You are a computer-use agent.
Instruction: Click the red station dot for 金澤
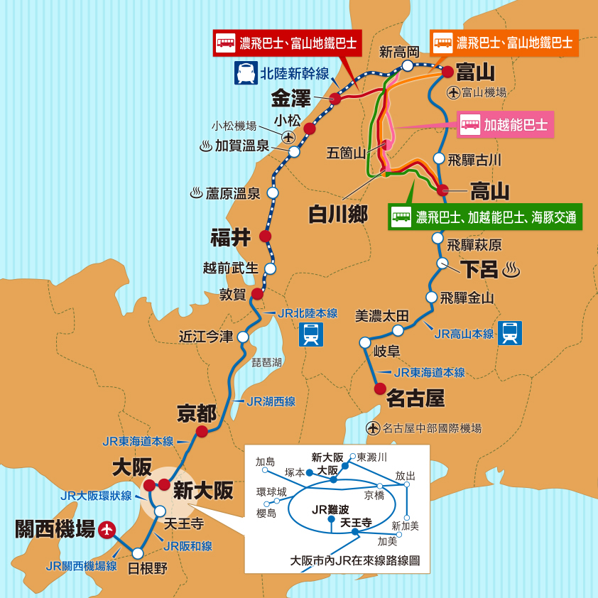click(335, 99)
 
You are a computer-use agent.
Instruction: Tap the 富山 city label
click(475, 72)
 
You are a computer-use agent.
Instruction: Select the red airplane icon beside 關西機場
click(107, 529)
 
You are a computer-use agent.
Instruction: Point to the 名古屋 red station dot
click(380, 388)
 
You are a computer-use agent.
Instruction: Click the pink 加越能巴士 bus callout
click(506, 126)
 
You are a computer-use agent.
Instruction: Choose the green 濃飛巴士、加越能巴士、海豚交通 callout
click(485, 217)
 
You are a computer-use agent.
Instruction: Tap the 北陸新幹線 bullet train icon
click(246, 72)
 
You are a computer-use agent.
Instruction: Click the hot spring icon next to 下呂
click(511, 270)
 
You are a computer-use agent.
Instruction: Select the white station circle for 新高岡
click(408, 65)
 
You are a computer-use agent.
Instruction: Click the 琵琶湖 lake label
click(266, 362)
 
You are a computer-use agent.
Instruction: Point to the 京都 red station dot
click(202, 431)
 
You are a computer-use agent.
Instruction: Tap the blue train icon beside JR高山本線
click(510, 332)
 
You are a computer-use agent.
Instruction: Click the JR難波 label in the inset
click(330, 509)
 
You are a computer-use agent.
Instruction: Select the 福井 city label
click(231, 237)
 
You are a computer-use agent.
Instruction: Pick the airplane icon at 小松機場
click(288, 137)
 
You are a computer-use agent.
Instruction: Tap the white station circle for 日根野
click(138, 553)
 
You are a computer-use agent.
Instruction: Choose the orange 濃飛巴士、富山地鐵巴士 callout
click(504, 43)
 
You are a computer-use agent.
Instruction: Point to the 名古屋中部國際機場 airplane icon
click(374, 428)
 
